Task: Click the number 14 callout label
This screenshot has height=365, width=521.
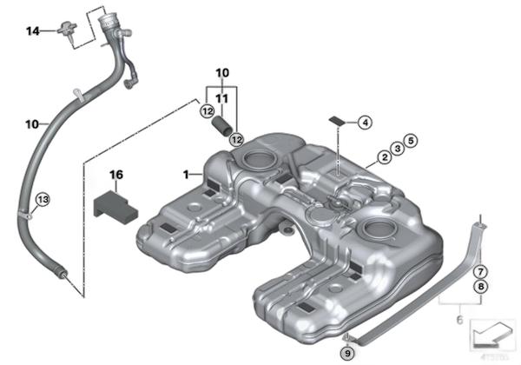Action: pyautogui.click(x=32, y=31)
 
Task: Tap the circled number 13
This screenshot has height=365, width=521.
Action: pyautogui.click(x=43, y=199)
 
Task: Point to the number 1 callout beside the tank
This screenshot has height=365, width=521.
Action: pyautogui.click(x=185, y=175)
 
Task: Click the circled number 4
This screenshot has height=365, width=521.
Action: pyautogui.click(x=364, y=123)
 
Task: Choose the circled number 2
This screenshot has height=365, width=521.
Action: pyautogui.click(x=381, y=159)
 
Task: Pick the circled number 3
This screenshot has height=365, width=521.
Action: pyautogui.click(x=396, y=149)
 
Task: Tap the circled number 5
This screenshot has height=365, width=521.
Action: pyautogui.click(x=411, y=140)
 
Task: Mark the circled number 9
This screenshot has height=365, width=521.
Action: pyautogui.click(x=348, y=353)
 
